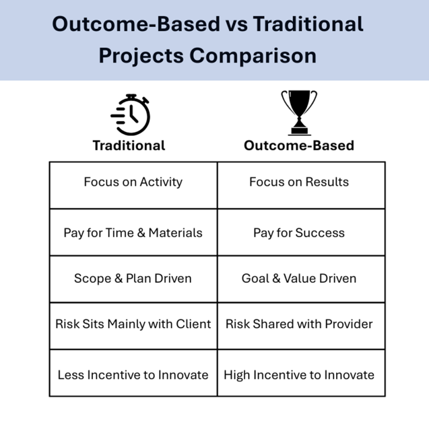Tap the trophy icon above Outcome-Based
tap(299, 112)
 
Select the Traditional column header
tap(129, 146)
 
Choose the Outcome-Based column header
tap(299, 146)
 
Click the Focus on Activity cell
tap(133, 182)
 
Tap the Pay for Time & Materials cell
tap(133, 232)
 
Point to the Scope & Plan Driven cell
tap(133, 278)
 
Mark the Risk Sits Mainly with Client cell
tap(133, 324)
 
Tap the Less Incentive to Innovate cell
tap(133, 375)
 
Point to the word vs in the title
tap(233, 25)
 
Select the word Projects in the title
tap(141, 56)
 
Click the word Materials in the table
tap(177, 232)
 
